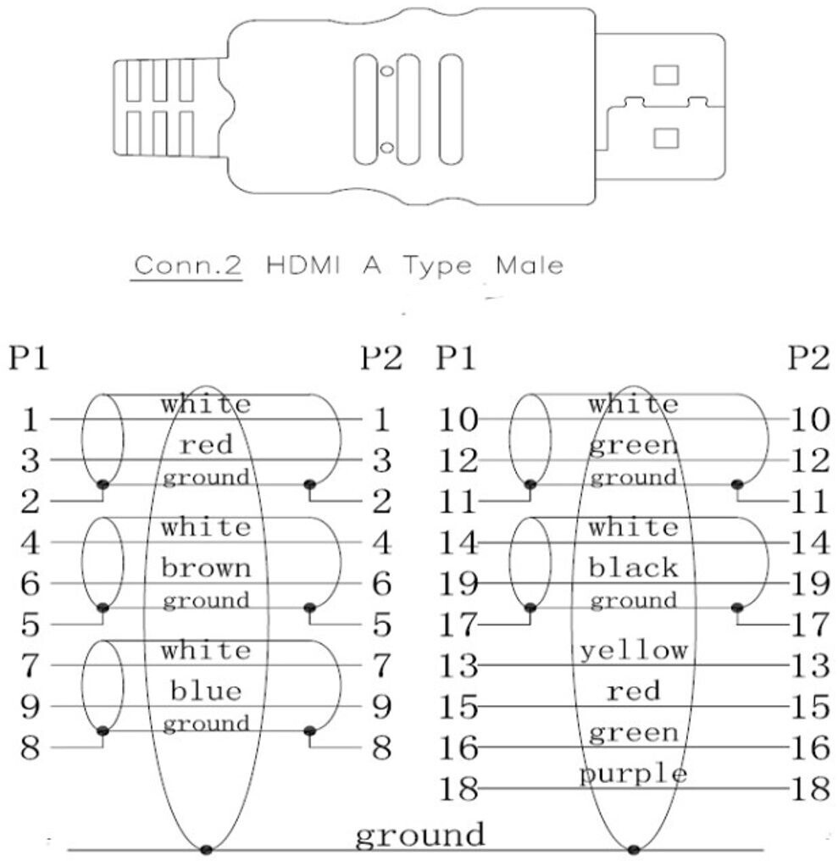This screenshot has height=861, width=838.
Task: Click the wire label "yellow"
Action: (634, 651)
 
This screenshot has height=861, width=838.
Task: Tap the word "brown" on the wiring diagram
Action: (207, 568)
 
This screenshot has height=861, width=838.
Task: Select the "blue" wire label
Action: (207, 692)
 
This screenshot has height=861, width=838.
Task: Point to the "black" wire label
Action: (634, 568)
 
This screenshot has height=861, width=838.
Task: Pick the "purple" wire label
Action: (634, 775)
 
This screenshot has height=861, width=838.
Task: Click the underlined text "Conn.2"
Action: (188, 266)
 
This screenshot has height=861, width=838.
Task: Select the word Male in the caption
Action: (530, 266)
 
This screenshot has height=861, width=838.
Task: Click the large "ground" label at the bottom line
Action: (419, 834)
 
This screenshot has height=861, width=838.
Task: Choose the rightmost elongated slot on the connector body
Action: (451, 108)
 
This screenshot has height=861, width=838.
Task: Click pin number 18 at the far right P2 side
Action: (808, 790)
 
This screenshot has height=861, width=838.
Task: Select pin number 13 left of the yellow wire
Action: (458, 666)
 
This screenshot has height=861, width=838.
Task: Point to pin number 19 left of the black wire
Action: (458, 584)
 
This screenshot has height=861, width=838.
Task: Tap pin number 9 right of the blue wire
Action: (381, 706)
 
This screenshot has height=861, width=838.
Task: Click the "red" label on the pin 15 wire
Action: (634, 692)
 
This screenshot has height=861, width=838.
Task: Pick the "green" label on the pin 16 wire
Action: (634, 733)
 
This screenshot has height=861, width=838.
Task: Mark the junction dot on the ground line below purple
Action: (634, 849)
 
